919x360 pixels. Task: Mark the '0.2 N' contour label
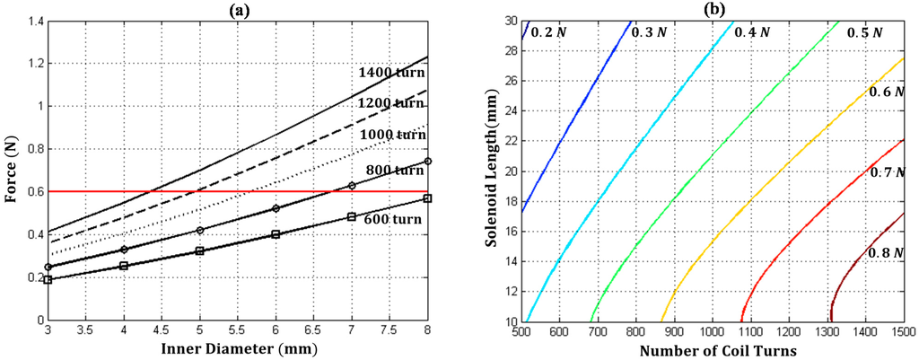[x=548, y=32]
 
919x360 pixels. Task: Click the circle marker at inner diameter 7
[x=352, y=186]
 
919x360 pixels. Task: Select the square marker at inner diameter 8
[x=428, y=198]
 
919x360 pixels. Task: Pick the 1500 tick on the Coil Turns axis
[x=902, y=332]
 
